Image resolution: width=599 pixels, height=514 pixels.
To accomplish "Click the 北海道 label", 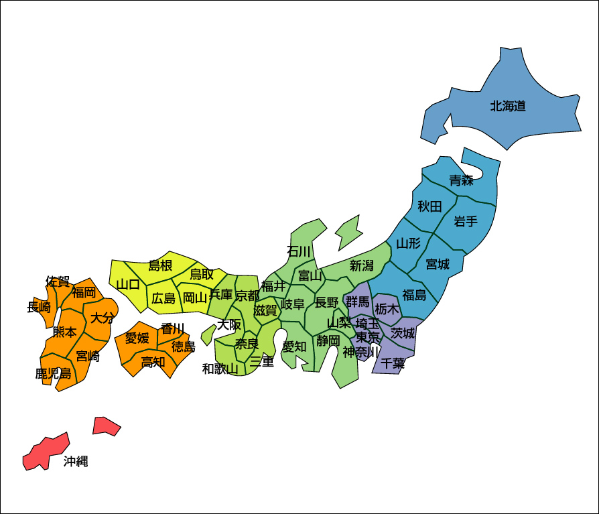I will coord(508,106).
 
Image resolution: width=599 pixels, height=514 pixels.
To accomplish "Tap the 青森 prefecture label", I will coord(461,180).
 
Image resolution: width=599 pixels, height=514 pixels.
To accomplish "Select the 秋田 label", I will coord(429,206).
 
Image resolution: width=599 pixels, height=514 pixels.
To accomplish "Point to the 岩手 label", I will coord(465,221).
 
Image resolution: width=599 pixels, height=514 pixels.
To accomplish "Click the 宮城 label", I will coord(438,265).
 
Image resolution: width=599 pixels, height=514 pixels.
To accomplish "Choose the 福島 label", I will coord(414,295).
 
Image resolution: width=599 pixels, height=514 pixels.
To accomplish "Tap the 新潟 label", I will coord(361,266).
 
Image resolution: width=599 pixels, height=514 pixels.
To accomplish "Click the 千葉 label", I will coord(393,364).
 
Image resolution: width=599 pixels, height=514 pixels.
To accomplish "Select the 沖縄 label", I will coord(76,462).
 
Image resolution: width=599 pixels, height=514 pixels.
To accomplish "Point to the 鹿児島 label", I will coord(54,374).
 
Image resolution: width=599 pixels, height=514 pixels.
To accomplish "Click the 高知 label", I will coord(153,363).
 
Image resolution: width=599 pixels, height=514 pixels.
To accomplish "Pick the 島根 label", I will coord(160,266).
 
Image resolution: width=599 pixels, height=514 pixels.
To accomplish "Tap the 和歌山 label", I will coord(220,369).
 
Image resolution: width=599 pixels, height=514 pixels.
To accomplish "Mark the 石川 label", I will coord(299,251).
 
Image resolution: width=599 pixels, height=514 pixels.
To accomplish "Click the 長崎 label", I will coord(39,308).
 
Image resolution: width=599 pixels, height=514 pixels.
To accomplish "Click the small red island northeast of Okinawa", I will coord(105,426).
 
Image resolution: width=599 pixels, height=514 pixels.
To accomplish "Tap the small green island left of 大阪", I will coord(208,334).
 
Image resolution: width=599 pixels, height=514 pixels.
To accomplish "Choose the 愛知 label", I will coord(294,346).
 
